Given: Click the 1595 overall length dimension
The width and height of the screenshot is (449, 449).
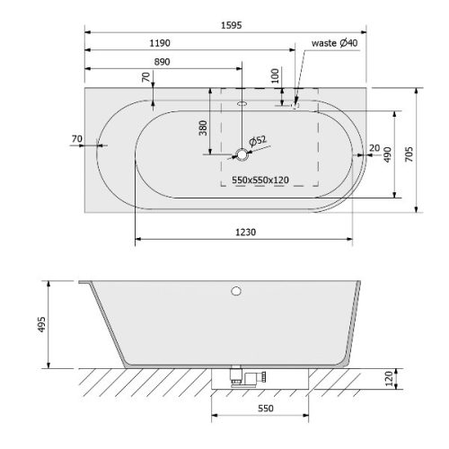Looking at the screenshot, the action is point(231,25).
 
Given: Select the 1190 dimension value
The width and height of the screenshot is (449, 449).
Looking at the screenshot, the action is point(160,43).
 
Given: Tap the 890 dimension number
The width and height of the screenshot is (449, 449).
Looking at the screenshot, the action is point(162,62).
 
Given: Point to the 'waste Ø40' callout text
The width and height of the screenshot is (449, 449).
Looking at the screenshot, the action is point(334,43).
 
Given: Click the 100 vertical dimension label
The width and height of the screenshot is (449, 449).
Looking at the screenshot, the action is point(275,75).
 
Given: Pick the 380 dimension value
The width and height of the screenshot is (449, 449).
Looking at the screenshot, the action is point(203,128).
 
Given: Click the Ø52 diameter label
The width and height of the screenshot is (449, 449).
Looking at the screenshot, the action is point(258,141).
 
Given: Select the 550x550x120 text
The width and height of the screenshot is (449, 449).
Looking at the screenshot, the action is point(260,180).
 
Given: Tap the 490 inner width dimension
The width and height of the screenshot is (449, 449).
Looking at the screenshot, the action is point(387,154).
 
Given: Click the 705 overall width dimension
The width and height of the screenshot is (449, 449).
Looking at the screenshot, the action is point(409,154).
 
